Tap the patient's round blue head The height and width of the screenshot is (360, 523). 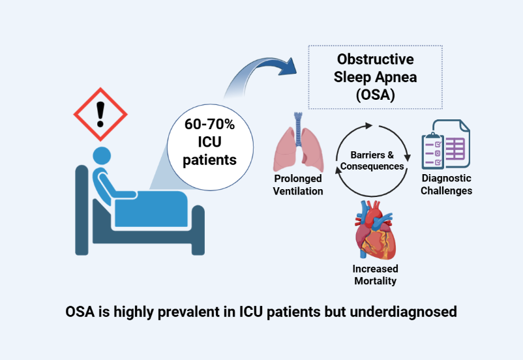102,157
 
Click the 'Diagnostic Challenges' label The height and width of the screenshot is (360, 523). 446,185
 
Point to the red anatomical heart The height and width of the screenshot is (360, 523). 375,231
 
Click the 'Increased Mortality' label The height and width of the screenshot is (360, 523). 375,275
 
